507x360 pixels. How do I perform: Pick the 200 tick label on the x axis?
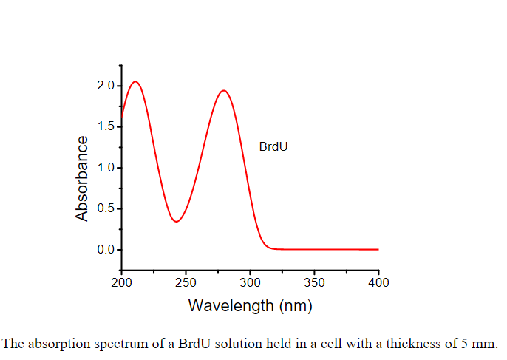point(121,282)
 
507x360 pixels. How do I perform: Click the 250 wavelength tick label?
point(186,282)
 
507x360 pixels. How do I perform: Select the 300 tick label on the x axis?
point(250,282)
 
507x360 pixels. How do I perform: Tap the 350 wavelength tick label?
point(314,282)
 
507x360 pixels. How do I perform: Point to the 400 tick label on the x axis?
point(378,282)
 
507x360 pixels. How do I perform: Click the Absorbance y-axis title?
point(82,178)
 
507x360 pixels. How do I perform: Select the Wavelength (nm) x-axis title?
point(250,305)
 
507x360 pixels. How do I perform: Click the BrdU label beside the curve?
point(273,146)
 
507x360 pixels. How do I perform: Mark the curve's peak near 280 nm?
point(223,91)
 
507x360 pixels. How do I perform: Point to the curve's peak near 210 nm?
point(135,81)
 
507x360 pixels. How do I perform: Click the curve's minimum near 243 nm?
point(177,221)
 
